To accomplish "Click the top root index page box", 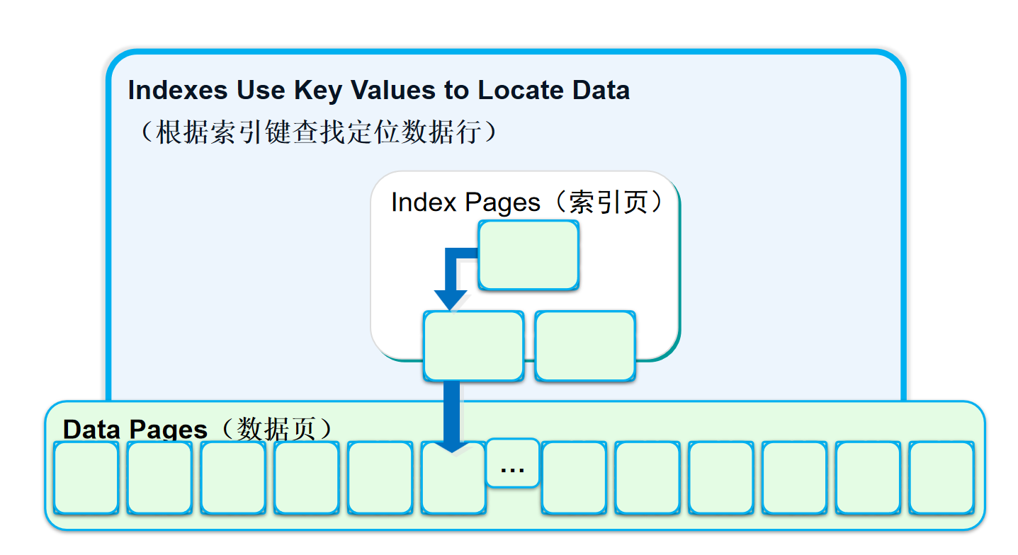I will [528, 255].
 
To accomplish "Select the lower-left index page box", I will [473, 345].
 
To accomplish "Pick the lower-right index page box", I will [585, 345].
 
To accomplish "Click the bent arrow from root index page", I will [453, 276].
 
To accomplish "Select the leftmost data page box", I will [86, 478].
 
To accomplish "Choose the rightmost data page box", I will [941, 478].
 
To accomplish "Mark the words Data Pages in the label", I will [135, 430].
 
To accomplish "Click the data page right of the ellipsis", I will [574, 478].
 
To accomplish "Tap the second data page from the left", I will [159, 478].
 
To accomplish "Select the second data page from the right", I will [868, 478].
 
